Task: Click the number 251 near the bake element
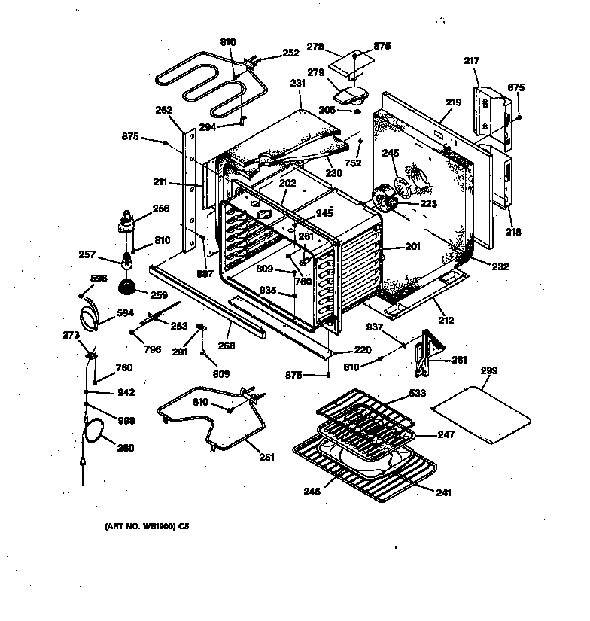(266, 457)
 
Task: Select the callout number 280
(126, 448)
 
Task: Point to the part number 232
(500, 266)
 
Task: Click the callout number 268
(227, 346)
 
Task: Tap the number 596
(99, 279)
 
